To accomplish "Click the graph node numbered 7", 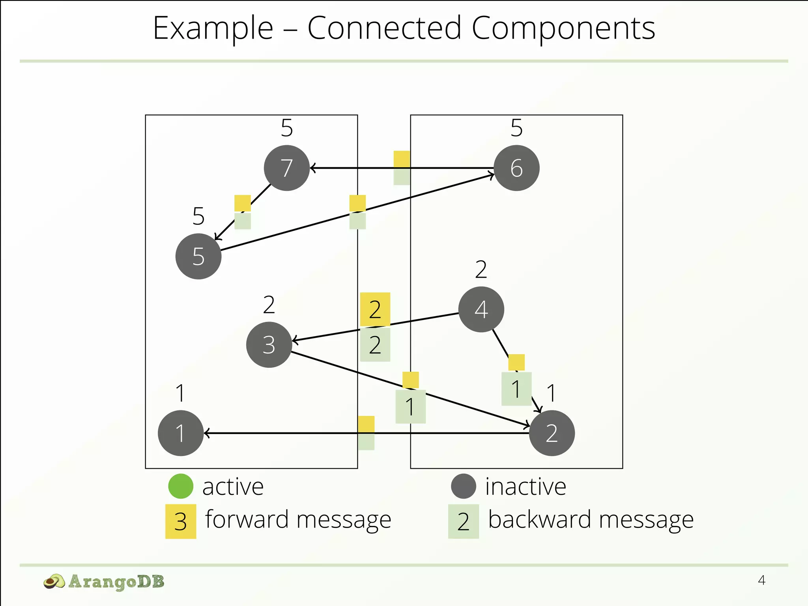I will (x=287, y=168).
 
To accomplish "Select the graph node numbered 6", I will (x=516, y=168).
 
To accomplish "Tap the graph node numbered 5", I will (x=198, y=256).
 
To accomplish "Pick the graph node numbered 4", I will (x=481, y=309).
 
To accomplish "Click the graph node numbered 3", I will (x=269, y=345).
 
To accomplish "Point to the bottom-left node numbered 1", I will (x=181, y=433).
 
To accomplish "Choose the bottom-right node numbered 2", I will (x=552, y=433).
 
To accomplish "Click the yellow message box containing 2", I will (x=375, y=309).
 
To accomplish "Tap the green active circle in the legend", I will (x=181, y=486).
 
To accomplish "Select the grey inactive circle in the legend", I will (x=464, y=486).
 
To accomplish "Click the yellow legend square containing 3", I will (x=181, y=522).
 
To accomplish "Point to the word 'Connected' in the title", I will (x=384, y=28).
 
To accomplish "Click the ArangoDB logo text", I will (x=116, y=582).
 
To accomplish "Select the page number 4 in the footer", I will (x=761, y=580).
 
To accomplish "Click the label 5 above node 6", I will (x=516, y=128).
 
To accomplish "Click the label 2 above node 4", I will (x=481, y=269).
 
